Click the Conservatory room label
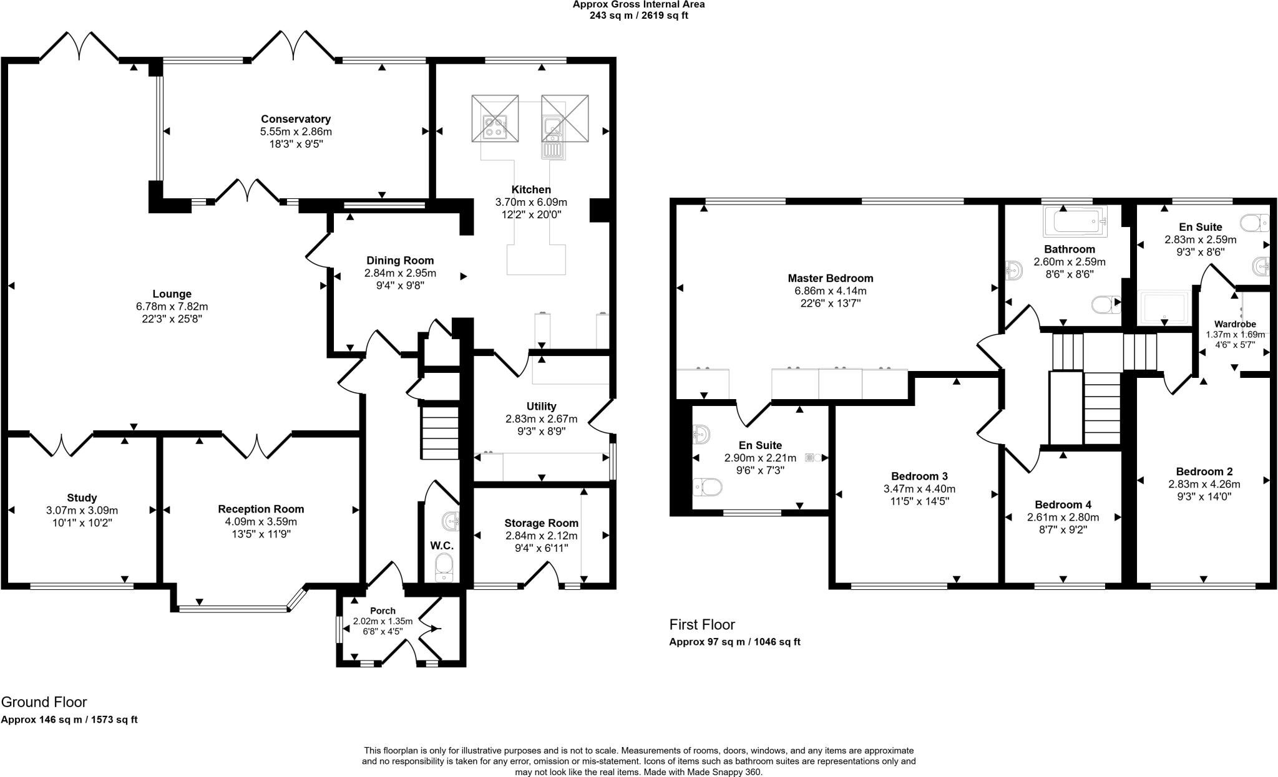click(295, 119)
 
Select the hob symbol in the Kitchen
click(495, 127)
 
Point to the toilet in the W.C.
click(444, 567)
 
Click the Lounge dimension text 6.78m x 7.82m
click(172, 307)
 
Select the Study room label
click(82, 498)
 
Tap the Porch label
click(383, 610)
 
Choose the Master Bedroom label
click(830, 278)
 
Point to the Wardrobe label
click(1234, 324)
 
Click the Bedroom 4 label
click(1063, 504)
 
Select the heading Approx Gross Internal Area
click(638, 4)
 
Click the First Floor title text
click(702, 624)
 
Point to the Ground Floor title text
click(44, 702)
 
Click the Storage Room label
click(541, 523)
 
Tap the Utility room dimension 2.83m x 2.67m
click(541, 419)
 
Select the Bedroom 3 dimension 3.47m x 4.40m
click(919, 489)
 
